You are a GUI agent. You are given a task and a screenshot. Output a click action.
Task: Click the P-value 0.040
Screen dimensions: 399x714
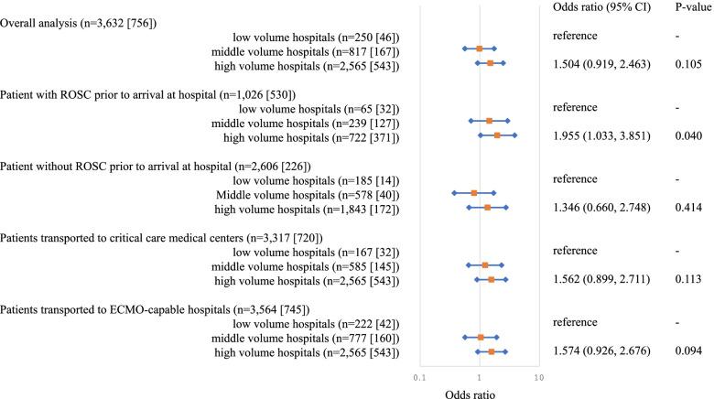[x=687, y=135]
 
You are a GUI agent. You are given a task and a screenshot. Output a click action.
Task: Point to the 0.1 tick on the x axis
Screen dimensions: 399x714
[x=420, y=376]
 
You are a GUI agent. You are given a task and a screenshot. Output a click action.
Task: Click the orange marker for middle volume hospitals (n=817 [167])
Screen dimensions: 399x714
[x=479, y=49]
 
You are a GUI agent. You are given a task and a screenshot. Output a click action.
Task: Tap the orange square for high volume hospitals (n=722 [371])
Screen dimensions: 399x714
[x=497, y=135]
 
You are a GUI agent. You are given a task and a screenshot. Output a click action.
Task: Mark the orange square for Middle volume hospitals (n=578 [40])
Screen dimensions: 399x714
[x=473, y=193]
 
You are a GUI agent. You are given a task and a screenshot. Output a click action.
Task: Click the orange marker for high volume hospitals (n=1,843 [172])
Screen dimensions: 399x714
[x=487, y=208]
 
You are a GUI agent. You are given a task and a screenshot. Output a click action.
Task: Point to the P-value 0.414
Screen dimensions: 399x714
[x=687, y=208]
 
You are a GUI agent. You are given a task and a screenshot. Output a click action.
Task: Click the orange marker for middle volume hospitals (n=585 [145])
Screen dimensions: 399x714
[x=484, y=265]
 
